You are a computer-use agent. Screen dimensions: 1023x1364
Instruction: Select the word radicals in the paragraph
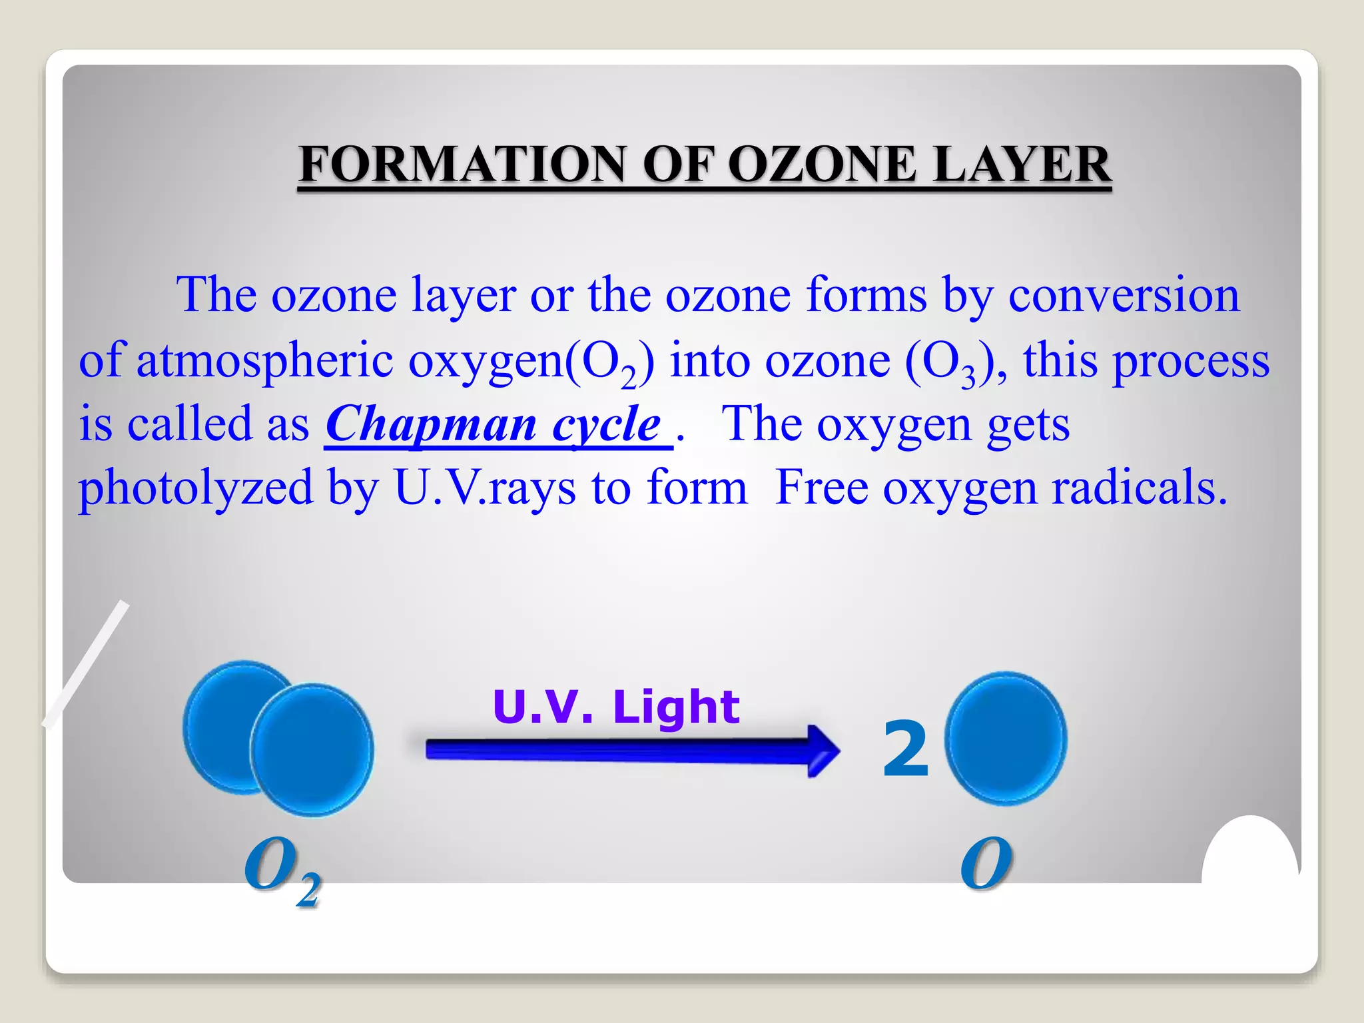(1139, 488)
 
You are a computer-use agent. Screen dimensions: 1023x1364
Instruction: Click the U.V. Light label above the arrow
(616, 707)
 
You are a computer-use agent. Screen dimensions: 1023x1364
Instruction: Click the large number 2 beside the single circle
(905, 751)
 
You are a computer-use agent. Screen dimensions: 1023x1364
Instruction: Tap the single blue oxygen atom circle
(1006, 738)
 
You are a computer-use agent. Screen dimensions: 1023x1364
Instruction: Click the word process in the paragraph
(1192, 360)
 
